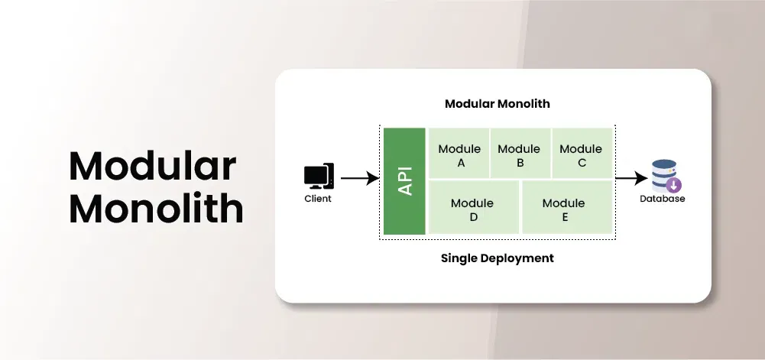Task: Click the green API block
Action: (x=404, y=181)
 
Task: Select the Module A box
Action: (x=459, y=155)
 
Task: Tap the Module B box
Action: (x=520, y=155)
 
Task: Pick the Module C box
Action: (x=582, y=155)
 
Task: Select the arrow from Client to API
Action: (x=359, y=179)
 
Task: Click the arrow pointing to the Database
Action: (x=631, y=179)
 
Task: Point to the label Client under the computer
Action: (x=318, y=199)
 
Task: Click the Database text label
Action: (x=663, y=199)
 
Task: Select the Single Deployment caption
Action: (x=497, y=258)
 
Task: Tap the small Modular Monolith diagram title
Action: (x=497, y=103)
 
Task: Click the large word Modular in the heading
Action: (x=153, y=166)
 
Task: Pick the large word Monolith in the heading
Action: (x=156, y=208)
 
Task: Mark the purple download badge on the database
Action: (x=674, y=185)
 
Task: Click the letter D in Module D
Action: (x=473, y=217)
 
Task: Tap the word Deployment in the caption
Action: (x=517, y=258)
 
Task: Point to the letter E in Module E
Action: (x=565, y=217)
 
